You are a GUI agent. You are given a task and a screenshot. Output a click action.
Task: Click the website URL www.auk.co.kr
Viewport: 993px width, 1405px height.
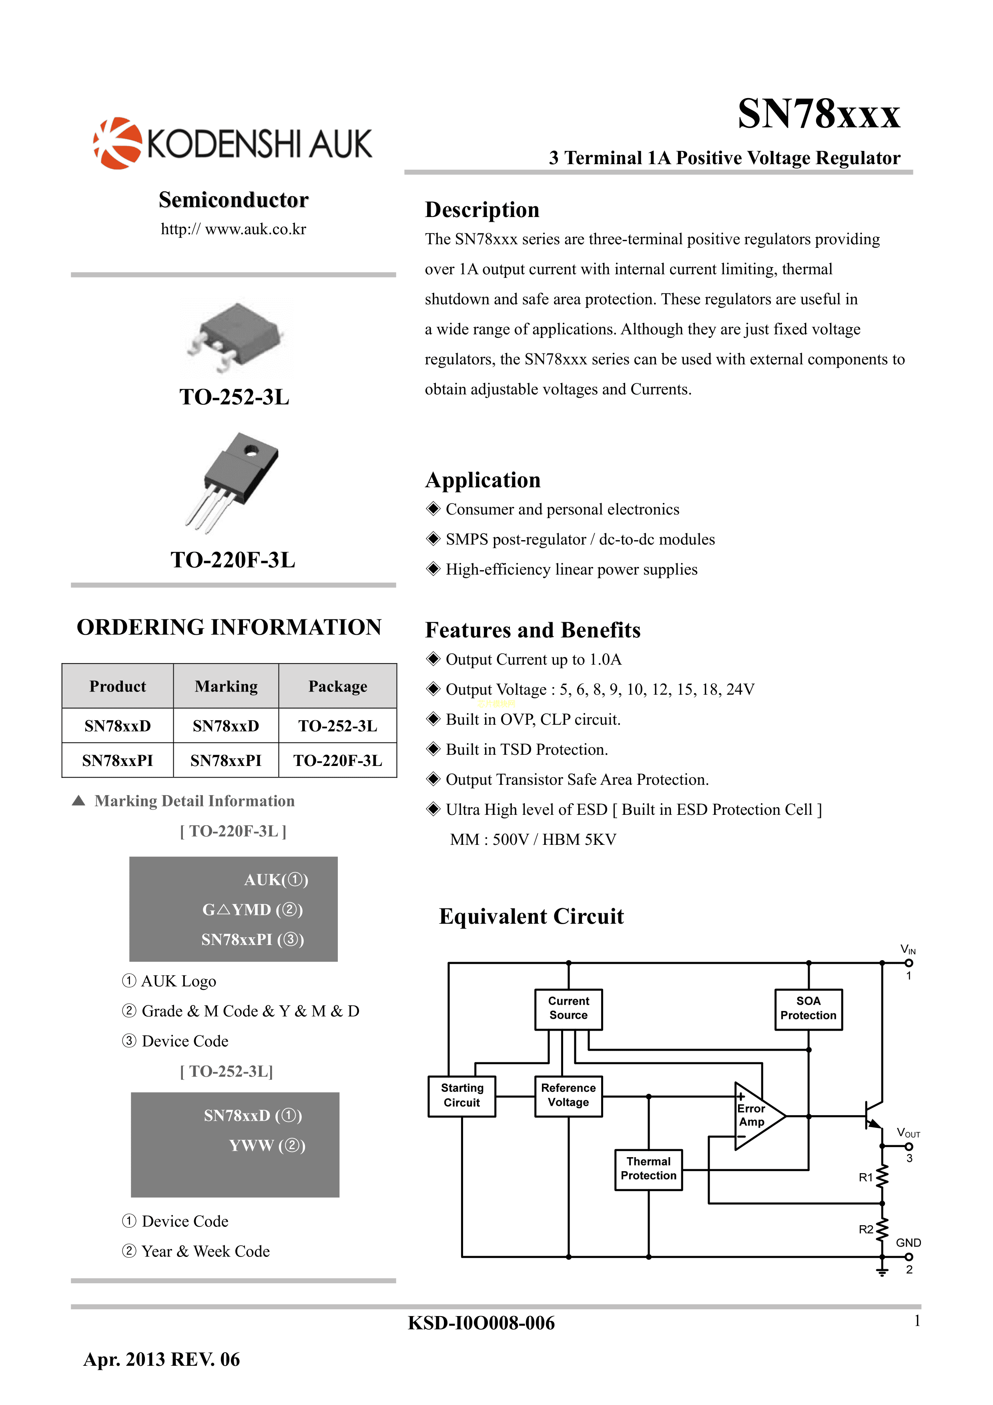pyautogui.click(x=233, y=229)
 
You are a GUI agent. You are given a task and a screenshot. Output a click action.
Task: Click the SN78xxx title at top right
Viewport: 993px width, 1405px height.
pyautogui.click(x=818, y=115)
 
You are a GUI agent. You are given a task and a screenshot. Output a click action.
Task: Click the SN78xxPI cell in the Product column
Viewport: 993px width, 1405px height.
pyautogui.click(x=118, y=761)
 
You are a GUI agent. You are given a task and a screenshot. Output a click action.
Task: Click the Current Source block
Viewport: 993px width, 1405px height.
pyautogui.click(x=568, y=1009)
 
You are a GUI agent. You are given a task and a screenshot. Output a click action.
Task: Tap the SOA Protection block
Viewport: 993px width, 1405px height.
pyautogui.click(x=808, y=1009)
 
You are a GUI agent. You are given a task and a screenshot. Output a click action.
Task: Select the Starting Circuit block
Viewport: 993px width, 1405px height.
pyautogui.click(x=461, y=1095)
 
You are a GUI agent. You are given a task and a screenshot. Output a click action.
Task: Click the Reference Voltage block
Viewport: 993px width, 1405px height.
pyautogui.click(x=568, y=1095)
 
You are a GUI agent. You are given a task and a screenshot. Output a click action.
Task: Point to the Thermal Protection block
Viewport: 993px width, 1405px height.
pyautogui.click(x=648, y=1169)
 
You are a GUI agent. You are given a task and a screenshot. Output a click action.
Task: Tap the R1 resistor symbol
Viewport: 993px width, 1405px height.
pyautogui.click(x=882, y=1176)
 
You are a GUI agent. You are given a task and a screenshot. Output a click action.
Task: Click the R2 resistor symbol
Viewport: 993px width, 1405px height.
pyautogui.click(x=882, y=1229)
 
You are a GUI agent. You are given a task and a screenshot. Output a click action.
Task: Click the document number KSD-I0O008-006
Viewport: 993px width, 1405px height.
pyautogui.click(x=481, y=1323)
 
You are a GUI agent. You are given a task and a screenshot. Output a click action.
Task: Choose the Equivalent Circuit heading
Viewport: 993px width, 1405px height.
pyautogui.click(x=531, y=917)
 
